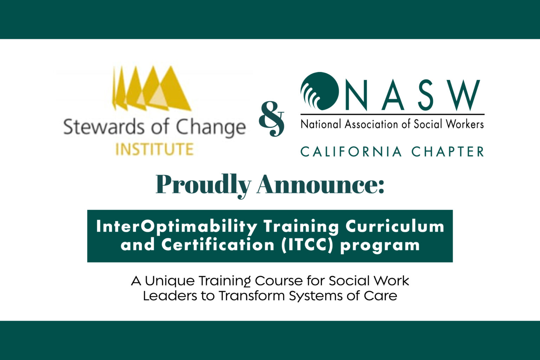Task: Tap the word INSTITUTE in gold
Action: (155, 149)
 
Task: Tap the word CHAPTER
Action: (448, 152)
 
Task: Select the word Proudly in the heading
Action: (203, 185)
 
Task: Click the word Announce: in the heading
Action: (320, 185)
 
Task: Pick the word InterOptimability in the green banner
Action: (176, 227)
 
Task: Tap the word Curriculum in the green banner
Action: (395, 227)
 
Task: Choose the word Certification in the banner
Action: (218, 245)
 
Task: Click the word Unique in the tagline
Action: (170, 281)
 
